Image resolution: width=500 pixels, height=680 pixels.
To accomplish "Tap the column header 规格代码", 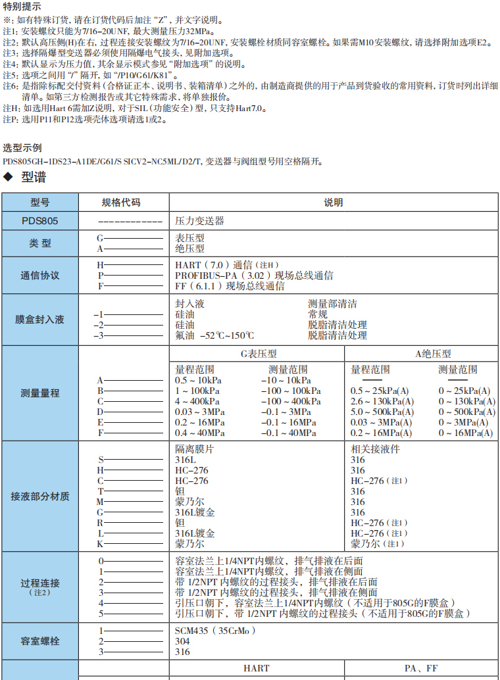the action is coord(120,203).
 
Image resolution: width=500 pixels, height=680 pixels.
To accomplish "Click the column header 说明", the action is coord(333,203).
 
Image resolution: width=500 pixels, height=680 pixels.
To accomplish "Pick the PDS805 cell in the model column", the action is coord(39,221).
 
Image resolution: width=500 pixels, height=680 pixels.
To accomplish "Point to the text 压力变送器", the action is coord(200,221).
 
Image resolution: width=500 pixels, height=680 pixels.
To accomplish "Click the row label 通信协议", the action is coord(39,276).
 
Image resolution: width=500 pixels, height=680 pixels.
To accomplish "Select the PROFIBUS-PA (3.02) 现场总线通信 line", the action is coord(254,276).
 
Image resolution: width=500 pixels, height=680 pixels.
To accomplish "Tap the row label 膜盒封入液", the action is coord(39,320).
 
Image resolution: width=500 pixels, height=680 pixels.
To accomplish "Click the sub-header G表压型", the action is coord(258,353).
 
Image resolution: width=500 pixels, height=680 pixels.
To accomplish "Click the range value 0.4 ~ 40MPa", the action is coord(200,433).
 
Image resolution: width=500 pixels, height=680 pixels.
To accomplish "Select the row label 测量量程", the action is coord(39,393).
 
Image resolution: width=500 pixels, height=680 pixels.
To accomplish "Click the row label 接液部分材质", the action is coord(39,497).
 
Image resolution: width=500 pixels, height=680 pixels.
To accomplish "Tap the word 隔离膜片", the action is coord(194,449).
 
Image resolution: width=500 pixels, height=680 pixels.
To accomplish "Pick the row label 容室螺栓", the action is coord(39,641).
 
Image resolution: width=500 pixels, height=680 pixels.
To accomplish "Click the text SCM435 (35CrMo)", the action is coord(214,631).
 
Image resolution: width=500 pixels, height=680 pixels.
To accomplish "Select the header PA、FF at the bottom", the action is coord(421,668).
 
